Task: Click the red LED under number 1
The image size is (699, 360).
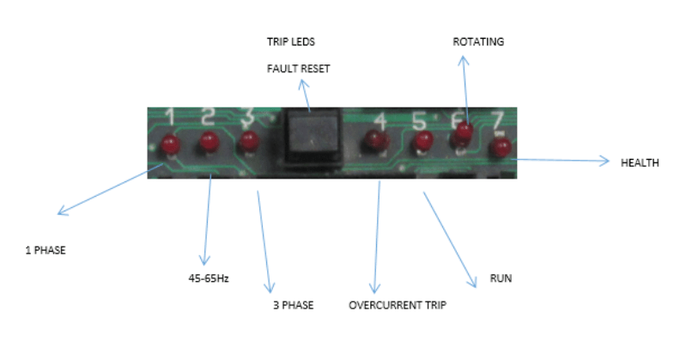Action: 171,143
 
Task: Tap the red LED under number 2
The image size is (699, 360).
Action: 209,143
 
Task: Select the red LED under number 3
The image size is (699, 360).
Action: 249,140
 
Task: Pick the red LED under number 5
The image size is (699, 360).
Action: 422,140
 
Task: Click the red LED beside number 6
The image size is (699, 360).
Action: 464,131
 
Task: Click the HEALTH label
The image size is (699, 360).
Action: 640,162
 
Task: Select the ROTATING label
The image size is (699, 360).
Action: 478,41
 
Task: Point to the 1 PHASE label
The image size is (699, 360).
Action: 46,251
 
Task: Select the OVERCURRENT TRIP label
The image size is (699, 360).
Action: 398,305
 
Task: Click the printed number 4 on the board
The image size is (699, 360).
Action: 380,119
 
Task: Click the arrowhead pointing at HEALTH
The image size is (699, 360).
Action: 605,160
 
